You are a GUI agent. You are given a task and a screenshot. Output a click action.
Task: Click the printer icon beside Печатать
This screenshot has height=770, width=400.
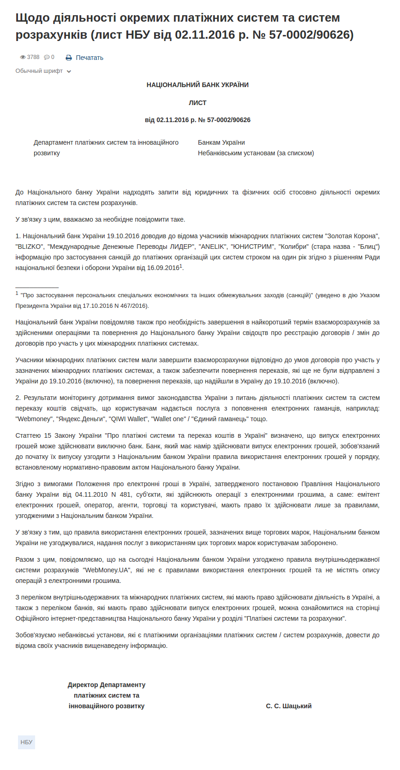click(x=69, y=58)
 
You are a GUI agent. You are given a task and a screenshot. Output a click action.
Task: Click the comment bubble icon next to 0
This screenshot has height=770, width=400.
click(x=47, y=57)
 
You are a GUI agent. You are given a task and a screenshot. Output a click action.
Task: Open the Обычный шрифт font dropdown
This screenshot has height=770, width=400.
click(x=43, y=71)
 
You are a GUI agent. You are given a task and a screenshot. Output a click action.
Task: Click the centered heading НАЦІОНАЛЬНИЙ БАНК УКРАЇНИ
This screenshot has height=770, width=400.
click(x=197, y=85)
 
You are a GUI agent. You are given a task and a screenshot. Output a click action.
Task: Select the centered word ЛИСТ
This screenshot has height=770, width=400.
click(x=197, y=103)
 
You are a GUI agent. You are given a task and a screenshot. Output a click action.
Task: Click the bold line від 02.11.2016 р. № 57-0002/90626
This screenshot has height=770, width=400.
click(x=197, y=120)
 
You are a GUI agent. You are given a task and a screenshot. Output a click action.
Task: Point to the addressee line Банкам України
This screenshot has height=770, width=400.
click(x=221, y=142)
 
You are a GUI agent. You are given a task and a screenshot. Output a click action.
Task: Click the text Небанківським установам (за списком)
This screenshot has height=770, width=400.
click(x=256, y=153)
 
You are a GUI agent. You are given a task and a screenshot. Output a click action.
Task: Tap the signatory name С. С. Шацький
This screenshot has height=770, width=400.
click(x=289, y=706)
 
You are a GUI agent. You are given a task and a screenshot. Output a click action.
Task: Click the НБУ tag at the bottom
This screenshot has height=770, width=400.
click(x=26, y=742)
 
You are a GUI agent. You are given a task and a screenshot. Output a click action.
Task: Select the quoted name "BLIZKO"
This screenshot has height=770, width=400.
click(x=30, y=247)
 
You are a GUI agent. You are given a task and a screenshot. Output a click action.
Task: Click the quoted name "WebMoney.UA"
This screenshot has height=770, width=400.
click(x=107, y=570)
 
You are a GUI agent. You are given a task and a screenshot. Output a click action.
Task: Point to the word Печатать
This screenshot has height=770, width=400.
click(x=90, y=58)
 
